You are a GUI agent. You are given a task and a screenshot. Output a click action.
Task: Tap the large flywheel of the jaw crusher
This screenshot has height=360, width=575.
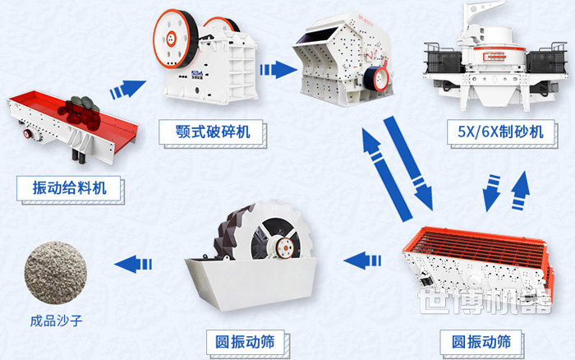point(174,40)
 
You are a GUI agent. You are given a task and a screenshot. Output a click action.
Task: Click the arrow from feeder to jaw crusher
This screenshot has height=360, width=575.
point(126,87)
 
